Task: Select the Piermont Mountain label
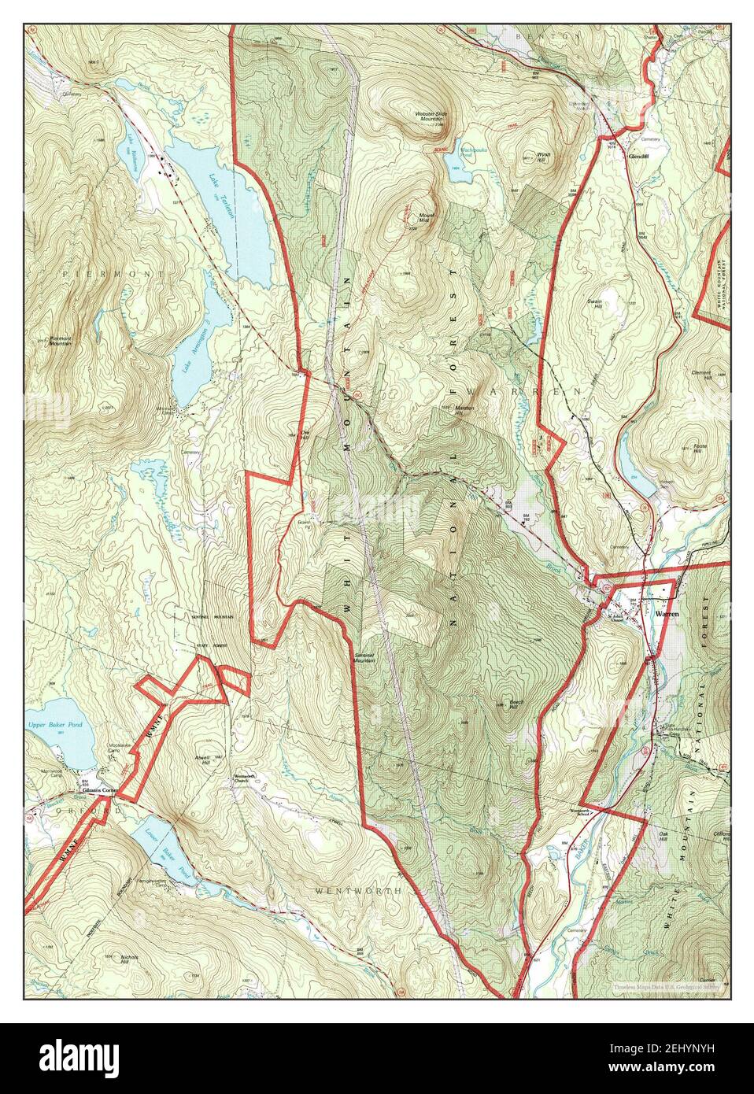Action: tap(61, 341)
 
